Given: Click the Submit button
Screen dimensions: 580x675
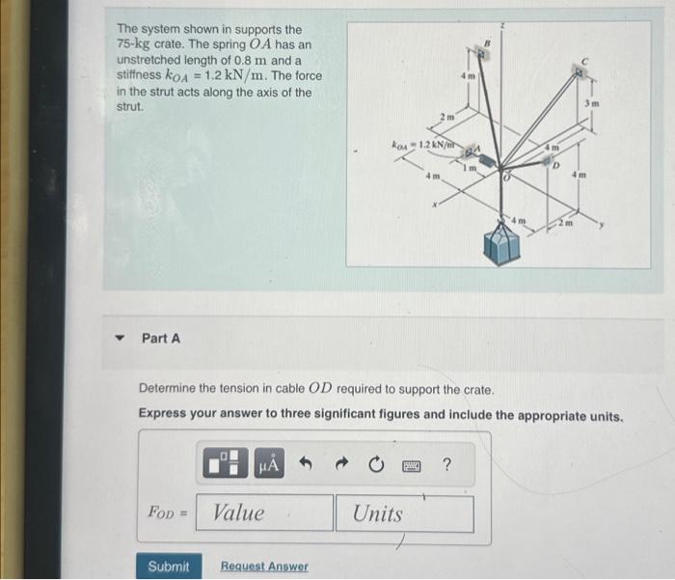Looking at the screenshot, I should coord(169,566).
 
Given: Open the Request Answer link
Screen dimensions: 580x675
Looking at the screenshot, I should coord(264,566).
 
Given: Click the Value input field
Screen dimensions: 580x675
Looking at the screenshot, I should coord(264,513).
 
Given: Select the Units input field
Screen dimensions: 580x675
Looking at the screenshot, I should coord(405,513).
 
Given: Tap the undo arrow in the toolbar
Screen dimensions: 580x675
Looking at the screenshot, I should coord(307,466).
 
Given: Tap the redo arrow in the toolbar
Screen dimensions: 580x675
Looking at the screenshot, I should coord(341,466).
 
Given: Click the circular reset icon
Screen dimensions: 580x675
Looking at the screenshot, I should coord(376,466).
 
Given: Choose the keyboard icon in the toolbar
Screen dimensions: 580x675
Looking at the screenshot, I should coord(411,466).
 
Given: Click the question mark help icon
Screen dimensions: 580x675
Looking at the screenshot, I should coord(445,466).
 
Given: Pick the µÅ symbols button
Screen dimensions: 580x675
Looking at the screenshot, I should coord(268,466).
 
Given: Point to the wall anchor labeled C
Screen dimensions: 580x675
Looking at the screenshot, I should coord(580,69).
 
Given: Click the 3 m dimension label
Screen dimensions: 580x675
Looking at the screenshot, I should coord(594,103).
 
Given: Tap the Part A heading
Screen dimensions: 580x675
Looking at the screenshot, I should coord(161,339).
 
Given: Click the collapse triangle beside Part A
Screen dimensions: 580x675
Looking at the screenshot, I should coord(121,339).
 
